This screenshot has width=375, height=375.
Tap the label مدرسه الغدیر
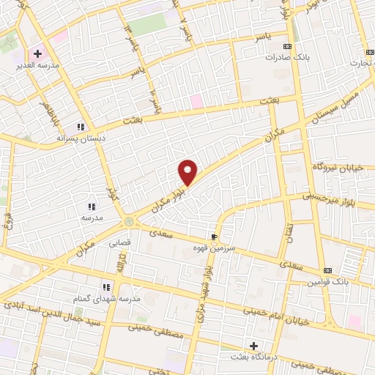[42, 65]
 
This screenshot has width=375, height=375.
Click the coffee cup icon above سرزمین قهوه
[214, 238]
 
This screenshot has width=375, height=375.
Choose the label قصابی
[119, 241]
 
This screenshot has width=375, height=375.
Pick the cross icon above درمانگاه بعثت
[254, 345]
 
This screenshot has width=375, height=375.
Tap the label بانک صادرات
[264, 56]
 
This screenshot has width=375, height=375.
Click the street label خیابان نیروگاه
[344, 167]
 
